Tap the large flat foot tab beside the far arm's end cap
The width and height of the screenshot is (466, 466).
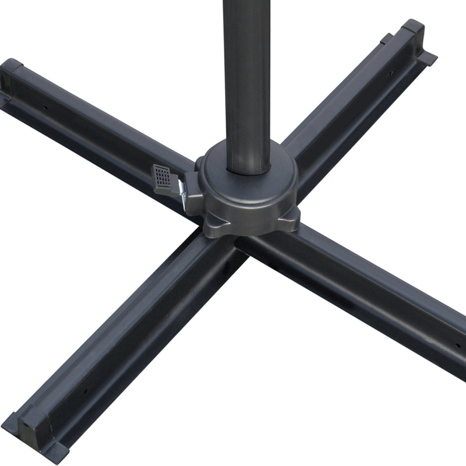pyautogui.click(x=426, y=57)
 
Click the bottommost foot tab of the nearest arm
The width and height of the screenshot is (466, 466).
pyautogui.click(x=55, y=451)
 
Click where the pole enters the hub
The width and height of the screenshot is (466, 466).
pyautogui.click(x=248, y=169)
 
